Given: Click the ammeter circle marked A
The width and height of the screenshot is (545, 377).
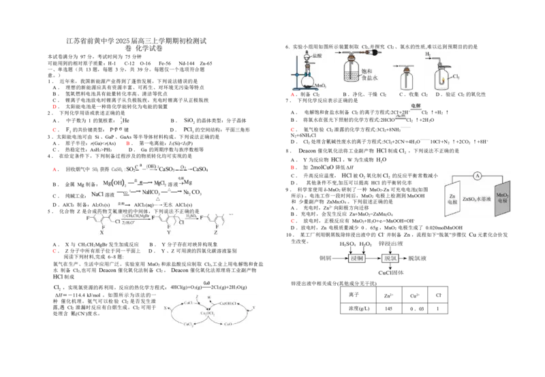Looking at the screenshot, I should [477, 176].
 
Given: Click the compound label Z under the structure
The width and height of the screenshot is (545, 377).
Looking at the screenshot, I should [216, 233].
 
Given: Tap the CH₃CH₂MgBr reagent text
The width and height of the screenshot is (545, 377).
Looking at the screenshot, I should [136, 215].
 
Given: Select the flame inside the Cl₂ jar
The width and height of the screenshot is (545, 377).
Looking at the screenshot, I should [442, 80].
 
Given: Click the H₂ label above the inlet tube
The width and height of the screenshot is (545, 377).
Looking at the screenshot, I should [429, 53].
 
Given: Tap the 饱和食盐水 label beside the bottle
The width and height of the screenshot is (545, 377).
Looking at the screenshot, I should [369, 74].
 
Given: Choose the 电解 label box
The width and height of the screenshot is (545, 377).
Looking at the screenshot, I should [416, 105].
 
